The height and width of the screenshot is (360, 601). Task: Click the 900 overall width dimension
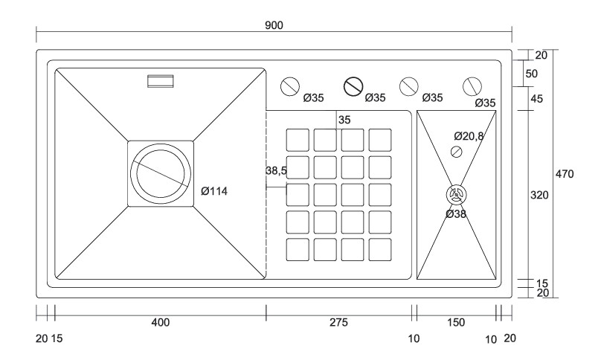coord(274,25)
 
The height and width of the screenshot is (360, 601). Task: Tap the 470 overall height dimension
coord(565,174)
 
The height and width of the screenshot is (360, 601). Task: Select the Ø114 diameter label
coord(214,191)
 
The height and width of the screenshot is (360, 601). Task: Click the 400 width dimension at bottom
coord(160,322)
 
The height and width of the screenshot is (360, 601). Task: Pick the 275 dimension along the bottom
coord(339,322)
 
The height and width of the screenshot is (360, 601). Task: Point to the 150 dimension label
coord(456,322)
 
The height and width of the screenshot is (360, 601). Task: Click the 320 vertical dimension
coord(539,195)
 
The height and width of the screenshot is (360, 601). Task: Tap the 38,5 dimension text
coord(277,170)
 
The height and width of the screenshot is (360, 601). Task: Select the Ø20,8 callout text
coord(469,136)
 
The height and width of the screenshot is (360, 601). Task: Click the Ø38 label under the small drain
coord(456,214)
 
